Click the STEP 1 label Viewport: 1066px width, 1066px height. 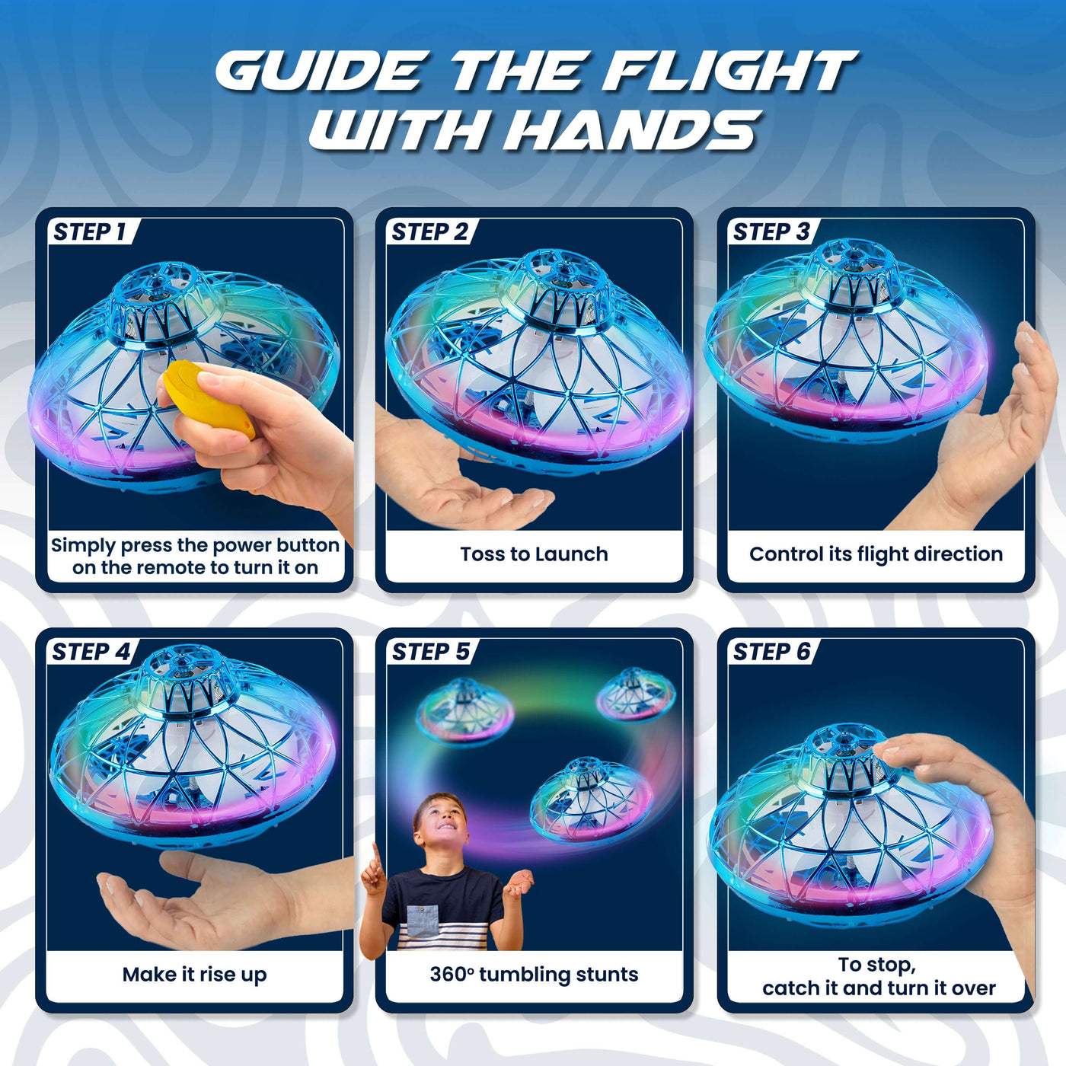[x=89, y=231]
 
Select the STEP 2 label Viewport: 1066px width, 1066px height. [x=429, y=231]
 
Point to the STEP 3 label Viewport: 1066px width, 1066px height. [x=771, y=231]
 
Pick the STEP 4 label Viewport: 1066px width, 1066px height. [x=90, y=652]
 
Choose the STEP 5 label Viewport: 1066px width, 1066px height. [x=430, y=652]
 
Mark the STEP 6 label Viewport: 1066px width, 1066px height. [x=771, y=652]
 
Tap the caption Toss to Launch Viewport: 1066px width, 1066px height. [x=534, y=554]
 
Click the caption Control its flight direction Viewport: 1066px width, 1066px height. [x=876, y=554]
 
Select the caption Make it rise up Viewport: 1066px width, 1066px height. [x=194, y=975]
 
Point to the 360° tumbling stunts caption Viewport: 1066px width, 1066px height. [x=534, y=975]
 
